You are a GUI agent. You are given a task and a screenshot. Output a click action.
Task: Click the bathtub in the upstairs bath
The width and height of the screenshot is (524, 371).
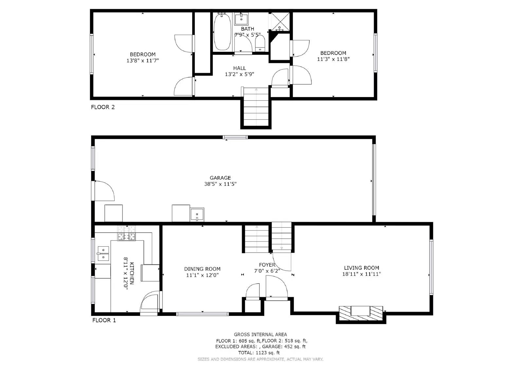point(222,32)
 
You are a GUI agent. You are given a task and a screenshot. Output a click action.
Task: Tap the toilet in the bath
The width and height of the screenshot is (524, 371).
point(260,44)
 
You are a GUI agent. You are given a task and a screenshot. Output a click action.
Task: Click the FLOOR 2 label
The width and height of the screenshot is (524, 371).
point(103,107)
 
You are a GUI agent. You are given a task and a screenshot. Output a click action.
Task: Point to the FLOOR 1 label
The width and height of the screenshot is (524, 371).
point(104,320)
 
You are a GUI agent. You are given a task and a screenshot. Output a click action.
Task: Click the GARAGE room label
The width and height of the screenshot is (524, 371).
point(220,178)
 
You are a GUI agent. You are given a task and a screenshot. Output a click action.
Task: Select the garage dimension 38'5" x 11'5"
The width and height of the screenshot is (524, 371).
point(220,184)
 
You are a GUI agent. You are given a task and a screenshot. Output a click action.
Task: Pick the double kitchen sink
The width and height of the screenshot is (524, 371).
point(103,254)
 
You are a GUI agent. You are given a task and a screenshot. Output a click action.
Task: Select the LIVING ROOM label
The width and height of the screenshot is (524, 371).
point(362,268)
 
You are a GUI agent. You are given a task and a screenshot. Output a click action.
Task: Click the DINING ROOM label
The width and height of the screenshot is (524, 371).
point(202,269)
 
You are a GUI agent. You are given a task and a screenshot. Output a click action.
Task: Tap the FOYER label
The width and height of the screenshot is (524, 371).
point(267,265)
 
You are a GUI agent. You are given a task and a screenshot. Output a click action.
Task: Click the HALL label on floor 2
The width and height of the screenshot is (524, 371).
point(239,68)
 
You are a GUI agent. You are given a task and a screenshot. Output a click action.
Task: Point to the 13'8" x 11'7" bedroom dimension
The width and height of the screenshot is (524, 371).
point(142,61)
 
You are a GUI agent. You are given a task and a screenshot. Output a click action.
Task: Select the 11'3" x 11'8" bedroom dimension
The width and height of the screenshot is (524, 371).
point(333,59)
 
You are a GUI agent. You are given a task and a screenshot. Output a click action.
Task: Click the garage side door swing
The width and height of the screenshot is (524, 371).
point(104,191)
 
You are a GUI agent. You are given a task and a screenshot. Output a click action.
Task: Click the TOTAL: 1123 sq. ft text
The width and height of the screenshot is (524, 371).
point(259,353)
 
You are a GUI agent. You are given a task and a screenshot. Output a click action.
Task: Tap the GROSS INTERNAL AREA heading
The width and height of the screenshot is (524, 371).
point(260,335)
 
